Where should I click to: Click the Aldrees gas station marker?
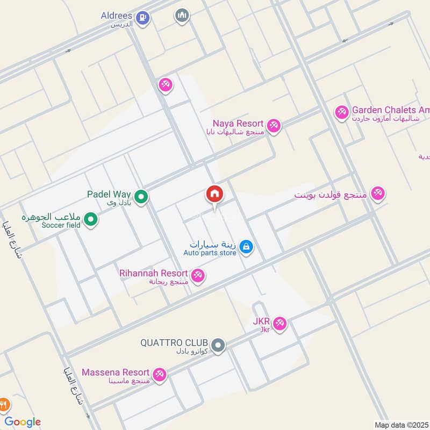pyautogui.click(x=142, y=17)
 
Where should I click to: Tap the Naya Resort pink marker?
pyautogui.click(x=274, y=126)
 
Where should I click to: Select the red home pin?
pyautogui.click(x=214, y=195)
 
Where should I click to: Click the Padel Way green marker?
pyautogui.click(x=141, y=197)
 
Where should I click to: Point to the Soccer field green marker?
pyautogui.click(x=91, y=219)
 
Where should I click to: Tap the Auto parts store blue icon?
pyautogui.click(x=246, y=247)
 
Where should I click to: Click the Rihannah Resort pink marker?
pyautogui.click(x=198, y=276)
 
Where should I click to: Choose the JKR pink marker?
pyautogui.click(x=279, y=324)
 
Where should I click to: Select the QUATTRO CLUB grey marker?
pyautogui.click(x=218, y=345)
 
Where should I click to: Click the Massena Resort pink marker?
pyautogui.click(x=159, y=375)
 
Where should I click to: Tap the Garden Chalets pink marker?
pyautogui.click(x=341, y=112)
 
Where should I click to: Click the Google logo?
pyautogui.click(x=23, y=421)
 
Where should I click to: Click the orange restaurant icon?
pyautogui.click(x=4, y=404)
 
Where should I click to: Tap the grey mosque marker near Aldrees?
pyautogui.click(x=182, y=16)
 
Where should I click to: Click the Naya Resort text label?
pyautogui.click(x=238, y=123)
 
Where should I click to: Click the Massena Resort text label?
pyautogui.click(x=115, y=372)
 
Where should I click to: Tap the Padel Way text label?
pyautogui.click(x=110, y=194)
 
